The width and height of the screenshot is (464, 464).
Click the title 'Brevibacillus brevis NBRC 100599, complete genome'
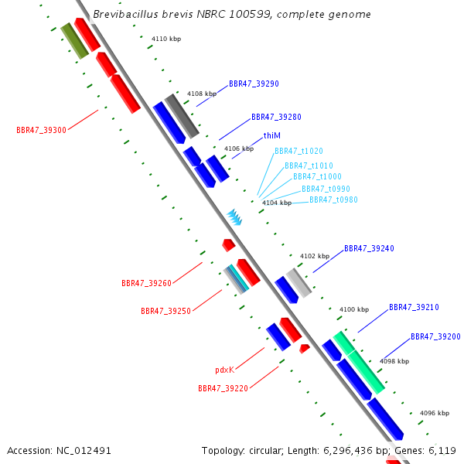coord(231,15)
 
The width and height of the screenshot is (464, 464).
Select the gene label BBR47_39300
coord(41,130)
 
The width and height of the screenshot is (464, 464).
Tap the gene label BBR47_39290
coord(254,84)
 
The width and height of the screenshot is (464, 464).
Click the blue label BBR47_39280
coord(276,118)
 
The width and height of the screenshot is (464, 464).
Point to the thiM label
coord(271,135)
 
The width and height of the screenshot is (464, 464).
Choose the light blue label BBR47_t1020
coord(299,152)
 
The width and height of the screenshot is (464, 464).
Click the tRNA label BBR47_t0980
coord(333,200)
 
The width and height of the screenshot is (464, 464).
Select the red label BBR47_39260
coord(146,283)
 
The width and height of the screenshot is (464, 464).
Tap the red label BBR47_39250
coord(165,311)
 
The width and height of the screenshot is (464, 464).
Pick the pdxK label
coord(224,370)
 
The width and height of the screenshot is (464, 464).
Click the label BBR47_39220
coord(223,388)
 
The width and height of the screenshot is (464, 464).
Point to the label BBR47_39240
coord(369,249)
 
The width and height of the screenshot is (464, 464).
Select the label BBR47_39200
coord(435,337)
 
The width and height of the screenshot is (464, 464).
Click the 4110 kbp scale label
coord(166,38)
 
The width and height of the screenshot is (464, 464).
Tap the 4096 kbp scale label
coord(434,413)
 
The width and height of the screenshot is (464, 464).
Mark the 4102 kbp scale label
coord(315,256)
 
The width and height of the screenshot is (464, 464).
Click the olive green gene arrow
coord(74,41)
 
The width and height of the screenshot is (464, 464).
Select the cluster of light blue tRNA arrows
coord(234,217)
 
